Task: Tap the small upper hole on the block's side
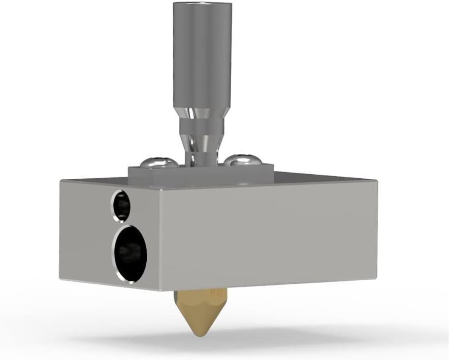pyautogui.click(x=122, y=206)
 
